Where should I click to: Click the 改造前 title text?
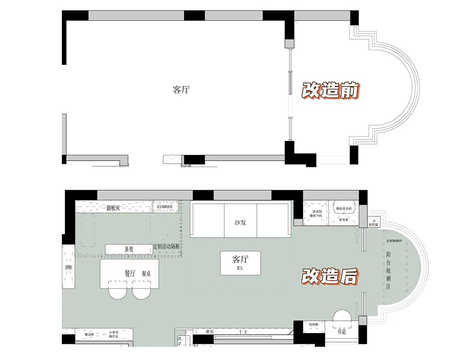[x=331, y=90]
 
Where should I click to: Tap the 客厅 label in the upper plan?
[x=181, y=90]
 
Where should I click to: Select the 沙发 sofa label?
[x=240, y=223]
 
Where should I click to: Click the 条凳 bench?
[x=129, y=249]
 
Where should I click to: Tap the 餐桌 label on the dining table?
[x=147, y=274]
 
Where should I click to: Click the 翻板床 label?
[x=114, y=208]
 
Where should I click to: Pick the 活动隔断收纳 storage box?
[x=165, y=206]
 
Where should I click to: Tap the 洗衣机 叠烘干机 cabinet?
[x=316, y=213]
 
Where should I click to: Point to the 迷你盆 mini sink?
[x=373, y=223]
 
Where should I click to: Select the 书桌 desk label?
[x=341, y=332]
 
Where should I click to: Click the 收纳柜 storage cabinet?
[x=314, y=325]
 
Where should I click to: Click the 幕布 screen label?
[x=210, y=332]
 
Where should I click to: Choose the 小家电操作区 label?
[x=115, y=334]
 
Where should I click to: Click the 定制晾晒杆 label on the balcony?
[x=394, y=241]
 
